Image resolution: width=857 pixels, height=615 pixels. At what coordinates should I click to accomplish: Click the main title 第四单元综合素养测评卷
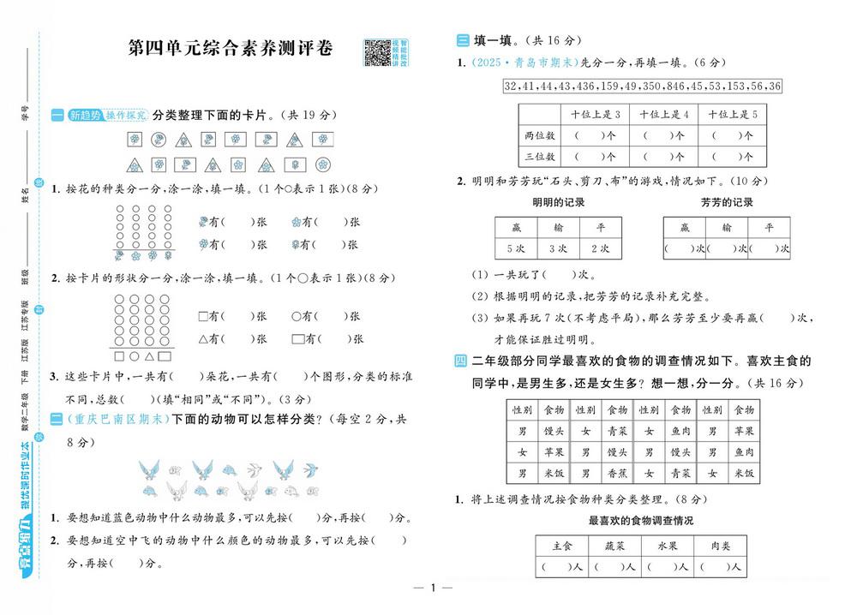tap(231, 50)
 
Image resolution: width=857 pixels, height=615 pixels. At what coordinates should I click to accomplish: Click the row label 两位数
tap(539, 135)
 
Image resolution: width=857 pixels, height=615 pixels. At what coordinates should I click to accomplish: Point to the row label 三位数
tap(539, 157)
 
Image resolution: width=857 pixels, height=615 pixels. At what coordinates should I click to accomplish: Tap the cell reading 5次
tap(516, 248)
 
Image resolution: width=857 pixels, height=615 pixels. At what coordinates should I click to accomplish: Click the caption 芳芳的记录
tap(727, 202)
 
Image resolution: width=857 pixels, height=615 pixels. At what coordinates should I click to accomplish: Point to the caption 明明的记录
tap(558, 202)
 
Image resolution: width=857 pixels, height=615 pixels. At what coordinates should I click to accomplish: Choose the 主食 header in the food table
tap(562, 545)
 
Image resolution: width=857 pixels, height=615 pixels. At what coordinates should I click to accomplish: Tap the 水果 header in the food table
tap(668, 545)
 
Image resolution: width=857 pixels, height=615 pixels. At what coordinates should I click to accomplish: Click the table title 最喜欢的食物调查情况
tap(641, 520)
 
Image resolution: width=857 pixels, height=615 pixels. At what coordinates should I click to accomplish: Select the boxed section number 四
tap(461, 361)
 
